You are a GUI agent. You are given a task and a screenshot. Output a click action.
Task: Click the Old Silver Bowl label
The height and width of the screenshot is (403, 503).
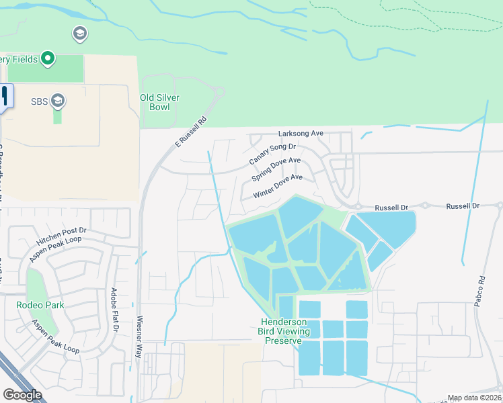(x=159, y=102)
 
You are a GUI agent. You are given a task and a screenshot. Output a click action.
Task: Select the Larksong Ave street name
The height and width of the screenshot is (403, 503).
(x=301, y=134)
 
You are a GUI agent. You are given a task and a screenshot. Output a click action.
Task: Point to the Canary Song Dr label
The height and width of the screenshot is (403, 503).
(x=272, y=154)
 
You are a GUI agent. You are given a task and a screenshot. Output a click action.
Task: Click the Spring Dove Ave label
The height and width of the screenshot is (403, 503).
(x=276, y=169)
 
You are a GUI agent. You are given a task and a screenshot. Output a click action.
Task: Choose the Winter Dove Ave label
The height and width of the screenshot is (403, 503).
(x=278, y=187)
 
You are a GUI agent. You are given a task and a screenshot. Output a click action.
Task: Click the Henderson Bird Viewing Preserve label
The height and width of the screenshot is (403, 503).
(x=284, y=331)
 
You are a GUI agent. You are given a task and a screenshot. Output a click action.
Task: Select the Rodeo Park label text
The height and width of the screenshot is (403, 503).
(x=40, y=304)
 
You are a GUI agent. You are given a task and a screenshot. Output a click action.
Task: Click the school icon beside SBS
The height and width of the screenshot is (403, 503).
(x=58, y=101)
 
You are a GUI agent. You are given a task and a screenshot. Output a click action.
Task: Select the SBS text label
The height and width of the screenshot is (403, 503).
(x=40, y=101)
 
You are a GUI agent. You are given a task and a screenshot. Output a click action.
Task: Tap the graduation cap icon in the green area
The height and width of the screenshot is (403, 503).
(x=79, y=33)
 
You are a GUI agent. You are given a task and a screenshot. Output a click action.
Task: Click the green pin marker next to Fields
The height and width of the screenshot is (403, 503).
(x=47, y=59)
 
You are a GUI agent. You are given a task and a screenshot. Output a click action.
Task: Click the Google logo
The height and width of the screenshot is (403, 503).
(x=22, y=395)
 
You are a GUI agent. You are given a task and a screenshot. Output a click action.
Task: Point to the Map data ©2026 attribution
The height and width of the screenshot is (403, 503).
(x=474, y=398)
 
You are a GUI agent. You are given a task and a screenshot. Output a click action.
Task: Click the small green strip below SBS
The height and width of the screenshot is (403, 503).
(x=57, y=116)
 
